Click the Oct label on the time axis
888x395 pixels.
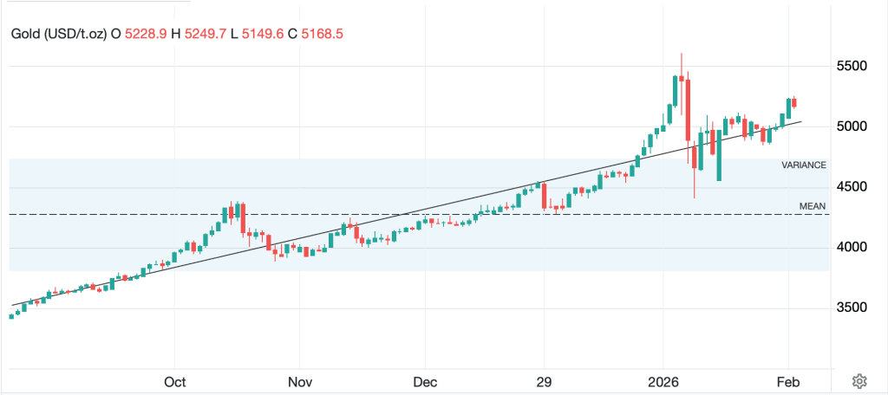(175, 381)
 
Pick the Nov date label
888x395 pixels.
(299, 381)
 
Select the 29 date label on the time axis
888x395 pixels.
(545, 381)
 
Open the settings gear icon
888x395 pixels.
(859, 381)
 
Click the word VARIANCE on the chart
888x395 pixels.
(804, 165)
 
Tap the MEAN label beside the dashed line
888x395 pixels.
(813, 206)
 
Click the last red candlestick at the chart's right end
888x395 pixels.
(794, 102)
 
